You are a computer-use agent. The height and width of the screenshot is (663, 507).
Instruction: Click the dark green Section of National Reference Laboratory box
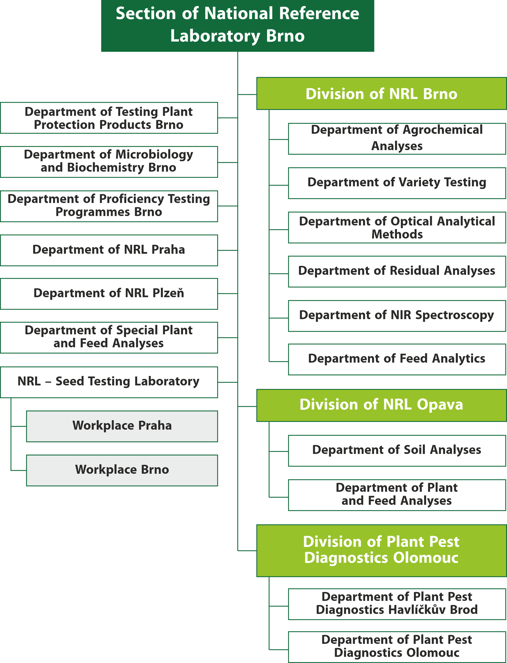238,26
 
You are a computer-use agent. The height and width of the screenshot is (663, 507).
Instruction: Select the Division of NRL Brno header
381,94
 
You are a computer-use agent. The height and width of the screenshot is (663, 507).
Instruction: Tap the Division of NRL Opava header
381,405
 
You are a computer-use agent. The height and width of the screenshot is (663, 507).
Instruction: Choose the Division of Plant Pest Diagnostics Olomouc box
381,551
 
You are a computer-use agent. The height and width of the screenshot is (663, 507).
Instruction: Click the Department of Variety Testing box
397,183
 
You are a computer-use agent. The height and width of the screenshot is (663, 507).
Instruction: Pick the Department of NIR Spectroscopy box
397,316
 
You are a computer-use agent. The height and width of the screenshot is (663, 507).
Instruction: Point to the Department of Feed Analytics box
397,359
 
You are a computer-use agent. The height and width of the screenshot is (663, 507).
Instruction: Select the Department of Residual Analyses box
397,272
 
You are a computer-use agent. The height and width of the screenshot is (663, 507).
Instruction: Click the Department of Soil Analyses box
397,451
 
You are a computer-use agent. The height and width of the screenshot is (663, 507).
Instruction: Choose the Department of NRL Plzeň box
109,294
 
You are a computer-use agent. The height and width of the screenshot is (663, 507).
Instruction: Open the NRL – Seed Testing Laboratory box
109,382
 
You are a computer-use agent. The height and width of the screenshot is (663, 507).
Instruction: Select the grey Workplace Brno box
122,470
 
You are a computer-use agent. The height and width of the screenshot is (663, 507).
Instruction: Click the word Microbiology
154,155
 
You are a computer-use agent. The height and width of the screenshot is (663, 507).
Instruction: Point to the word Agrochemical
443,130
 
